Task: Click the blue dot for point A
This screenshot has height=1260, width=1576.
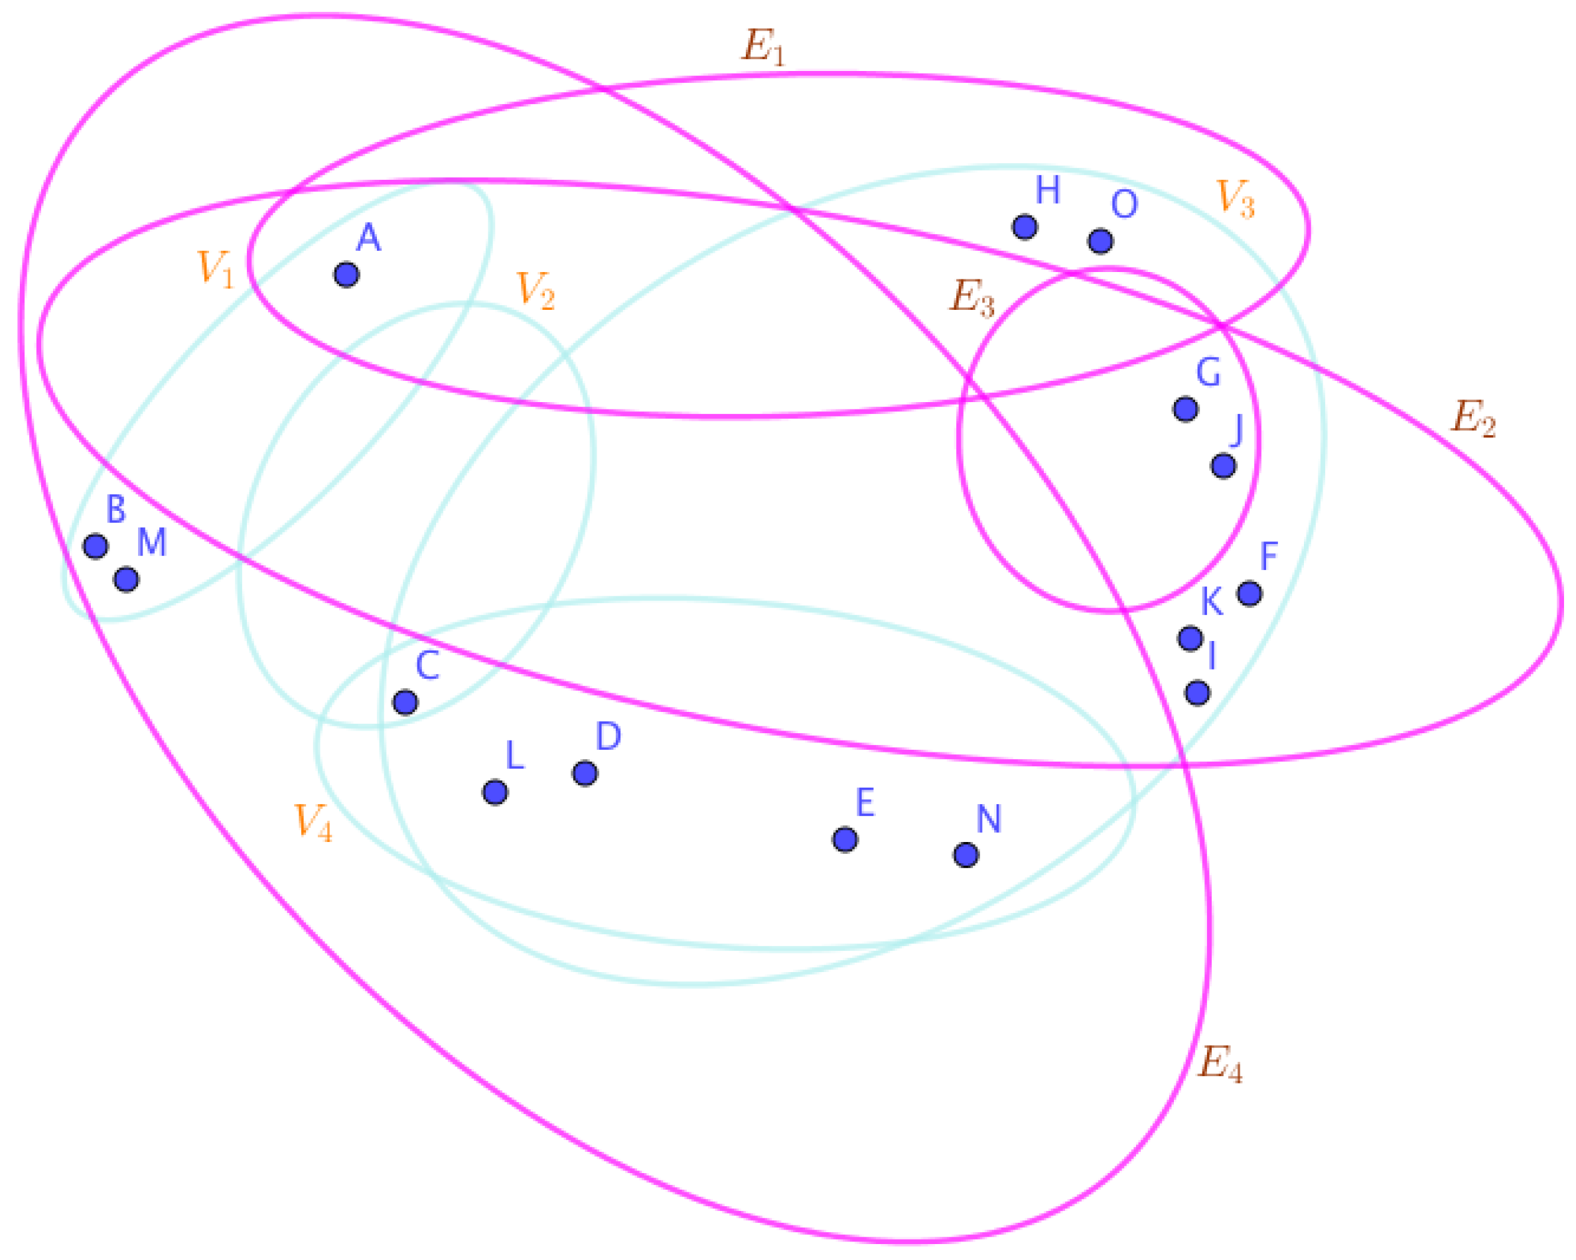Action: tap(346, 275)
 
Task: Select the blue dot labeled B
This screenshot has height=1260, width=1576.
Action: tap(96, 546)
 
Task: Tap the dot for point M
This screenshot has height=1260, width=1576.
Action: tap(127, 579)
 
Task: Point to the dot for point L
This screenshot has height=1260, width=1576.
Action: tap(495, 792)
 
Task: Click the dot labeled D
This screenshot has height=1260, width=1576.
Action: tap(584, 773)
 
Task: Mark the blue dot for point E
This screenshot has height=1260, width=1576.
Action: tap(845, 840)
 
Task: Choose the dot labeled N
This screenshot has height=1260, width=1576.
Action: tap(966, 855)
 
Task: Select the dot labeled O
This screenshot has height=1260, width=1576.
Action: tap(1100, 241)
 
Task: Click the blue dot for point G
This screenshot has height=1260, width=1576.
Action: tap(1185, 409)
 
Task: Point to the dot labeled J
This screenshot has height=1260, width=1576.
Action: tap(1223, 466)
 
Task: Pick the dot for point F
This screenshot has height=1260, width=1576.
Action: tap(1250, 593)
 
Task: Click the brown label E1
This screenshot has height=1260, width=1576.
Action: tap(763, 48)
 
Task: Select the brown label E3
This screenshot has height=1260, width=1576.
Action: tap(971, 298)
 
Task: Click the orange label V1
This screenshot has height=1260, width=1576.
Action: tap(216, 269)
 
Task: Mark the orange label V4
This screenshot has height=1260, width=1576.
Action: tap(313, 822)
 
